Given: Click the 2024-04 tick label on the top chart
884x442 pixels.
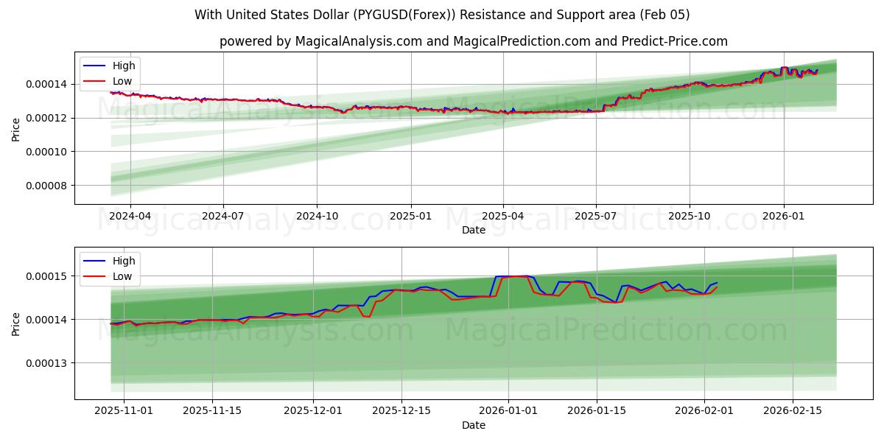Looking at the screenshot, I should coord(130,217).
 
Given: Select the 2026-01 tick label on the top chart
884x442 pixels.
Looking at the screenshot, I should coord(783,217).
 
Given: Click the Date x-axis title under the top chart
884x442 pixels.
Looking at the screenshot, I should coord(474,230).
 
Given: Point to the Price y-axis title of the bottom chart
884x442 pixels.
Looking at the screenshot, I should coord(16,323).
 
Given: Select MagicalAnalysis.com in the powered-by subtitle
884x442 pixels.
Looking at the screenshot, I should coord(355,41).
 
